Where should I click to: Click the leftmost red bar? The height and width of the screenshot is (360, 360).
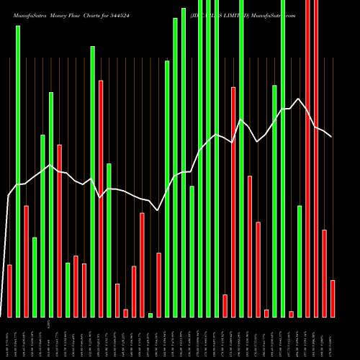point(10,291)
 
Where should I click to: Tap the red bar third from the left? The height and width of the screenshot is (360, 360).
point(60,230)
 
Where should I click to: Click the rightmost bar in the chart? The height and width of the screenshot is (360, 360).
point(333,298)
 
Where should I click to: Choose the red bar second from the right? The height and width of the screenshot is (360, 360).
point(324,273)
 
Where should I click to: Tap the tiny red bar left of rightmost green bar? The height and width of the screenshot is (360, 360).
point(292,314)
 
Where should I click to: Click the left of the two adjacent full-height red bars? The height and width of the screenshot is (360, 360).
point(308,158)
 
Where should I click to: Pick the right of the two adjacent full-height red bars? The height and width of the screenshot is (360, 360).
point(316,158)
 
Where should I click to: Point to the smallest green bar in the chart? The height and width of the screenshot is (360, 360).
point(150,315)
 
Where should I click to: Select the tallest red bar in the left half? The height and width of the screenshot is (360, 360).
point(101,198)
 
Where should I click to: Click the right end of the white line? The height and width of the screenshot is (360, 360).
point(332,136)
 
